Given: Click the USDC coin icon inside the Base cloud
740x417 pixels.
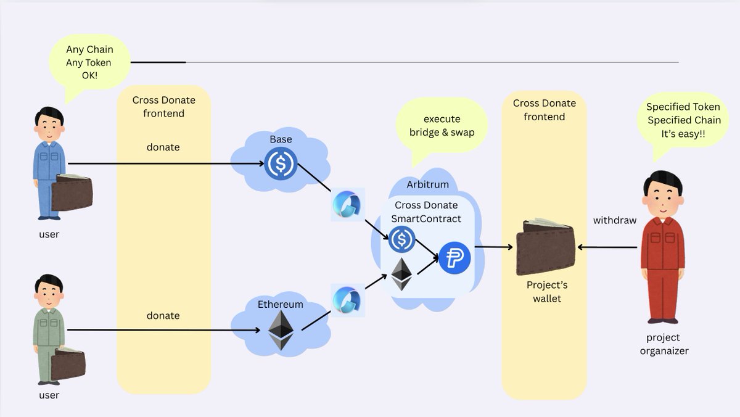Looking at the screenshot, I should pos(281,164).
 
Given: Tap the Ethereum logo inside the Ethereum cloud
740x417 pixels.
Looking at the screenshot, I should pos(281,330).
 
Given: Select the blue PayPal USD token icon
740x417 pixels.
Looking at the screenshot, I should pos(455,258).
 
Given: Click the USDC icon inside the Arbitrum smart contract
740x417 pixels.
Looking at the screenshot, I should pos(402,239).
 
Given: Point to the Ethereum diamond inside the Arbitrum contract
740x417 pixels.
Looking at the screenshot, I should pos(402,274).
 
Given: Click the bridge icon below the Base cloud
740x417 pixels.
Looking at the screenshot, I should pos(348,204).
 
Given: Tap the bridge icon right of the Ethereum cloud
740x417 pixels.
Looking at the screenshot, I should pos(348,300).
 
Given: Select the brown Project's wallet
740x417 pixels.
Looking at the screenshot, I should pos(545,247).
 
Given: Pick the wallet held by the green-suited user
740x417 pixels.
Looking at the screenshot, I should pos(68,364).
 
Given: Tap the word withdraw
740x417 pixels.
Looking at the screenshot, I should pos(614,220).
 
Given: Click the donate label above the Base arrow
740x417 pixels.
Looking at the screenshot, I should pos(163,147).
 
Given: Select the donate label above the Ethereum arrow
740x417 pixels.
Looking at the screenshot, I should pos(163,315).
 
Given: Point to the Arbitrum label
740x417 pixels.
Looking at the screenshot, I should pos(427,185).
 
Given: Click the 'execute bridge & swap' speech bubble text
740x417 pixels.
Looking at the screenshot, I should pos(442,125).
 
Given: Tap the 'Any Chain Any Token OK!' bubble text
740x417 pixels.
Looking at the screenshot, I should pos(89,62).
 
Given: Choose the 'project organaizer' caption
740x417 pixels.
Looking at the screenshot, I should pos(664,344).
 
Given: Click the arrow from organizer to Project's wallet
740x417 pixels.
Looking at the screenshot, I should pos(607,247).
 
